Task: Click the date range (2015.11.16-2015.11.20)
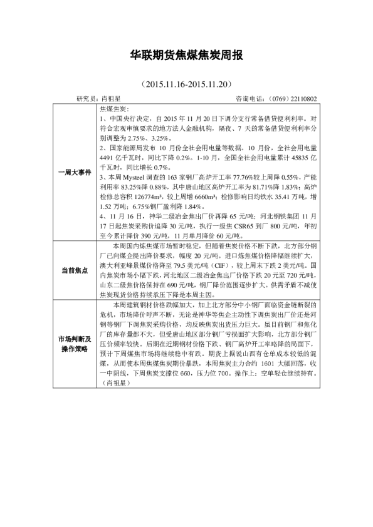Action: click(186, 84)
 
